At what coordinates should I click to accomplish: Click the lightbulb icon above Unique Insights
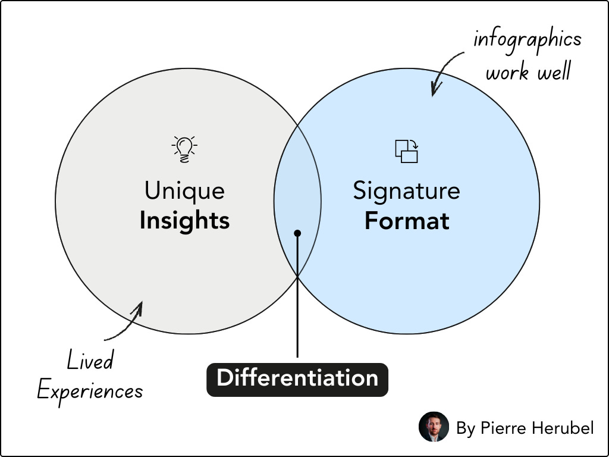click(x=185, y=149)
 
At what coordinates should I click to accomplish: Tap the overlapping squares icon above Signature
click(x=407, y=151)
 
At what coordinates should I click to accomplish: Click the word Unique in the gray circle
click(x=185, y=191)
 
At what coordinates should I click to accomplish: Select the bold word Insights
click(x=185, y=221)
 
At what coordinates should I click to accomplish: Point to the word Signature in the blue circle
click(x=407, y=191)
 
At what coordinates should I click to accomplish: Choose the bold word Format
click(x=407, y=221)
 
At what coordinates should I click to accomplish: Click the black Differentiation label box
click(x=297, y=379)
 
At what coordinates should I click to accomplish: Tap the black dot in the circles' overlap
click(x=297, y=233)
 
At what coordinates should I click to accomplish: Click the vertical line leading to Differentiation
click(x=297, y=309)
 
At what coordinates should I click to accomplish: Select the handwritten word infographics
click(x=527, y=40)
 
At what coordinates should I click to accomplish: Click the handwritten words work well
click(x=528, y=72)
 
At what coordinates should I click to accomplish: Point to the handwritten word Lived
click(x=90, y=361)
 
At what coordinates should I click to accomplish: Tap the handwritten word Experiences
click(x=90, y=390)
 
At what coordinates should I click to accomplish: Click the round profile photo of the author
click(x=434, y=427)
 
